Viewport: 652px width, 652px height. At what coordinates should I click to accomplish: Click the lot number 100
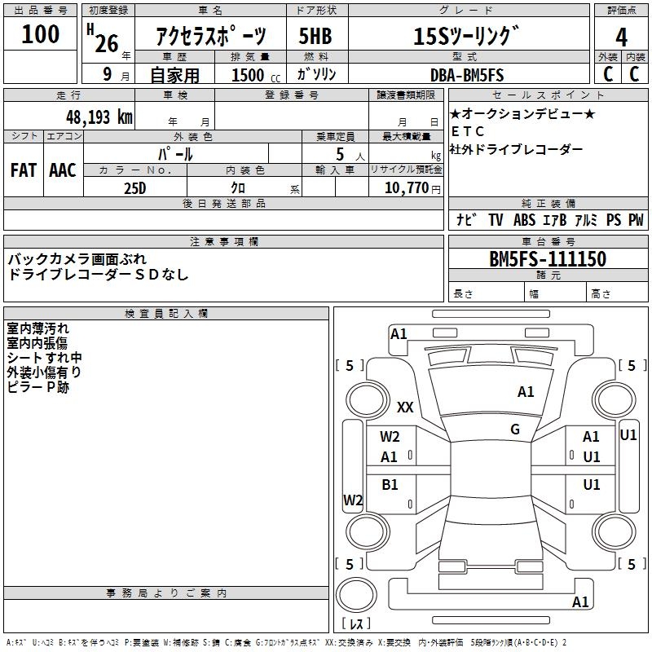click(x=41, y=34)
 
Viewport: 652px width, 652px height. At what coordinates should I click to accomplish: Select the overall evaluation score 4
click(x=621, y=37)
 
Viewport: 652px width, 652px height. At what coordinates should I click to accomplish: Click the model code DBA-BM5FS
click(x=467, y=74)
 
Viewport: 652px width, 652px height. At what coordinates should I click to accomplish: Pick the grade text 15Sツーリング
click(x=465, y=37)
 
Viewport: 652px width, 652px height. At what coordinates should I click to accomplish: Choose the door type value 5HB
click(x=316, y=37)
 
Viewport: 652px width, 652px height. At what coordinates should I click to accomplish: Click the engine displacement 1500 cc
click(x=253, y=75)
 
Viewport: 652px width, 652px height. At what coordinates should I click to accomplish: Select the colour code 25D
click(x=134, y=187)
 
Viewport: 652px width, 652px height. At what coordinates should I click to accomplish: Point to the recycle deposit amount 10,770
click(x=405, y=187)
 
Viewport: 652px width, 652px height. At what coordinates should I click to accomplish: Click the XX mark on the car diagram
click(x=405, y=407)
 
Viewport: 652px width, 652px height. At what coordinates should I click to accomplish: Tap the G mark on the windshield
click(x=515, y=430)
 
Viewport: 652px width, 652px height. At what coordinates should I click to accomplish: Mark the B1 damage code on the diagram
click(x=390, y=485)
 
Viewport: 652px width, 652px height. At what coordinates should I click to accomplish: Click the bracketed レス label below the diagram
click(x=356, y=624)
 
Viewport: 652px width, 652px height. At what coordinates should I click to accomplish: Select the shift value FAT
click(x=23, y=170)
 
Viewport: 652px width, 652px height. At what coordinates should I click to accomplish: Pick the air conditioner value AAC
click(x=63, y=170)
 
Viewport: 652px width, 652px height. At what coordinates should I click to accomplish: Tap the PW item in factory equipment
click(x=636, y=220)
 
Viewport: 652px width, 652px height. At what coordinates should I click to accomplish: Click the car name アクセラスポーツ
click(x=210, y=37)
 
